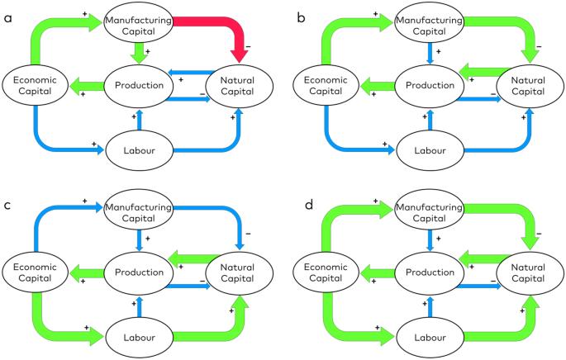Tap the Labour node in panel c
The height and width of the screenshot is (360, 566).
pyautogui.click(x=139, y=338)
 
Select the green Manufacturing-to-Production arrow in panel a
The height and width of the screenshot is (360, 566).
pyautogui.click(x=139, y=54)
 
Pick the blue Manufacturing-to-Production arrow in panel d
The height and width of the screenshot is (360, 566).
pyautogui.click(x=426, y=242)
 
